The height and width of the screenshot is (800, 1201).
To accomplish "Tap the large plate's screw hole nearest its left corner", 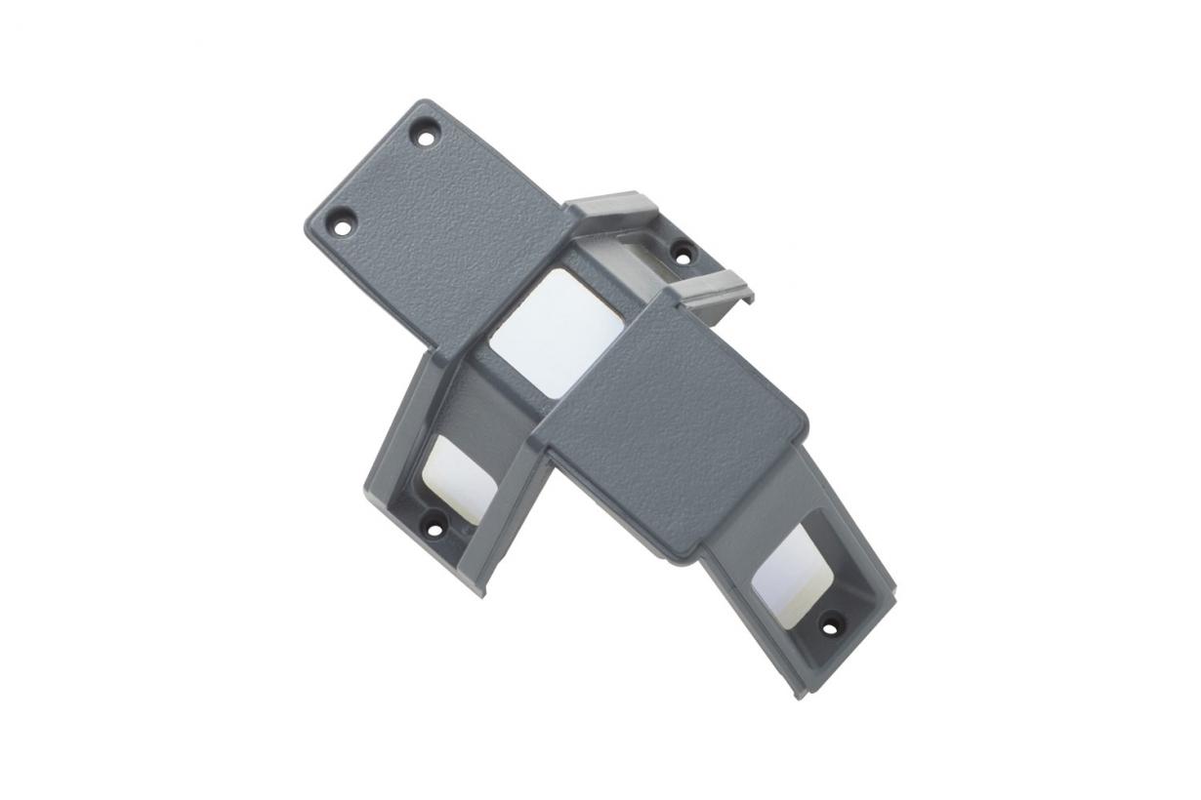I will point(342,226).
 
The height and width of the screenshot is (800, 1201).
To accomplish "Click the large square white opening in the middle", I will point(556,332).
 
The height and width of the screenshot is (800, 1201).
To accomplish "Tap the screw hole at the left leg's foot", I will point(433,531).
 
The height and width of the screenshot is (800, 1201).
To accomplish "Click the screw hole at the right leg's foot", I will point(830,627).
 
